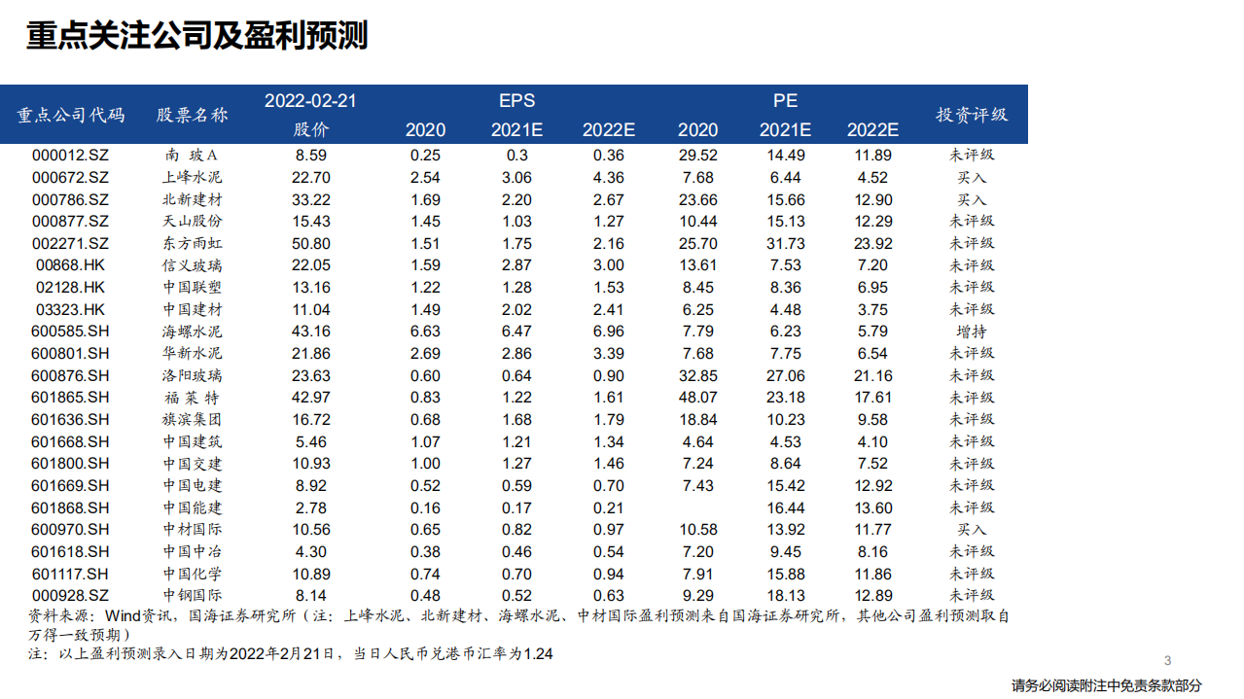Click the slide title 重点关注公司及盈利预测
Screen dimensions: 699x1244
(196, 37)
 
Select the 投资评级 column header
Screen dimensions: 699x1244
(971, 114)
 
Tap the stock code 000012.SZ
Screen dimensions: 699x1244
(70, 156)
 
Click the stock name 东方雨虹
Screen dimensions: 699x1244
(192, 243)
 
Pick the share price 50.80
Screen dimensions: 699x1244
(312, 243)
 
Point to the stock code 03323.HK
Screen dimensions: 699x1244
(70, 309)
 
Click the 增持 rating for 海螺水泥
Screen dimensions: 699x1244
(971, 332)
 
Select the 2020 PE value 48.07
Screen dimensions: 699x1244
(697, 398)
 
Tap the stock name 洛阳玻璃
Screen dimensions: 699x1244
(192, 375)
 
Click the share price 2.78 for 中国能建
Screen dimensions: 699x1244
(312, 507)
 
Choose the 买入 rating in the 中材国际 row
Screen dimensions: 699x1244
(971, 530)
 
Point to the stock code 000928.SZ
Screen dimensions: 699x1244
(70, 596)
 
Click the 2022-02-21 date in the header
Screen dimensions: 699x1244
(311, 100)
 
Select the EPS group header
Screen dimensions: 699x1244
(516, 100)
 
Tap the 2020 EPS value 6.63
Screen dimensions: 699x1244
(425, 332)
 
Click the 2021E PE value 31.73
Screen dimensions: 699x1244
(785, 243)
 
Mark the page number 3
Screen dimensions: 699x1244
(1167, 659)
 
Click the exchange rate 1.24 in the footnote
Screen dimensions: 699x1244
(538, 654)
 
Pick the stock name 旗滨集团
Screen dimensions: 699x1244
(192, 420)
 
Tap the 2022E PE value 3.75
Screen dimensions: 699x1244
(872, 309)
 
